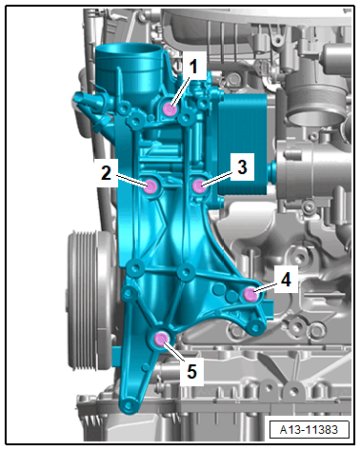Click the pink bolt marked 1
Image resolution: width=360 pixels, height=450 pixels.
coord(170,109)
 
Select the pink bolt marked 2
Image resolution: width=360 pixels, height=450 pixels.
coord(150,186)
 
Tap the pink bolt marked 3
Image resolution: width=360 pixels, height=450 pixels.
coord(199,186)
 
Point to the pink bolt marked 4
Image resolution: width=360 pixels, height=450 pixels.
coord(250,295)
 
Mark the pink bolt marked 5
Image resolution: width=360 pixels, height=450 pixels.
coord(160,339)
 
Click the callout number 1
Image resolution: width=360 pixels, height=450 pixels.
coord(193,67)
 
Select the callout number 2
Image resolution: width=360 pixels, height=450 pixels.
coord(107,173)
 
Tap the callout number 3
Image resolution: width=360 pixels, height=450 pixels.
coord(242,166)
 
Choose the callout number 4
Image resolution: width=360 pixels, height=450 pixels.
coord(286,280)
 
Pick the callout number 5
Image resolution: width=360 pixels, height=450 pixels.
coord(191,371)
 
